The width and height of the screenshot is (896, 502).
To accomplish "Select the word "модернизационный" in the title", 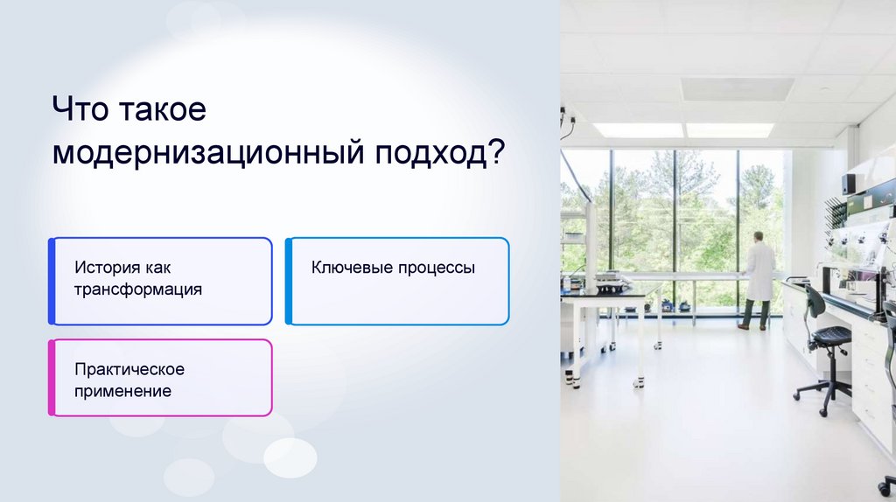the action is click(208, 152).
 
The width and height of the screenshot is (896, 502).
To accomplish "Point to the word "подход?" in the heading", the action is click(440, 152).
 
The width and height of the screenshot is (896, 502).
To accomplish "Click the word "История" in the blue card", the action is click(108, 268).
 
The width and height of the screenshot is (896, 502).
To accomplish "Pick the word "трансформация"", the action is click(138, 289).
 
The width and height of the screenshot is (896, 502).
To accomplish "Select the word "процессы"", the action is click(437, 268).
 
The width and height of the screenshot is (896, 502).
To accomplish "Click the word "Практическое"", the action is click(129, 370).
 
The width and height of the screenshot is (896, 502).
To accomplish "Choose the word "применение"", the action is click(122, 391).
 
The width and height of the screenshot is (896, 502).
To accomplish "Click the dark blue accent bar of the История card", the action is click(52, 281).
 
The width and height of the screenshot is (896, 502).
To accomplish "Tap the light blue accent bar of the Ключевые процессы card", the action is click(289, 281).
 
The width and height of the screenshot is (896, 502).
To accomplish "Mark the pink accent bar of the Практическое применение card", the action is click(52, 378).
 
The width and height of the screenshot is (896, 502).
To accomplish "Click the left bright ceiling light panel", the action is click(638, 130).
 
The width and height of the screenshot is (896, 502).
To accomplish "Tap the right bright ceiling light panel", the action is click(730, 130).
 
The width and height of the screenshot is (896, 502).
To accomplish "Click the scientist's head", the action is click(759, 237).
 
